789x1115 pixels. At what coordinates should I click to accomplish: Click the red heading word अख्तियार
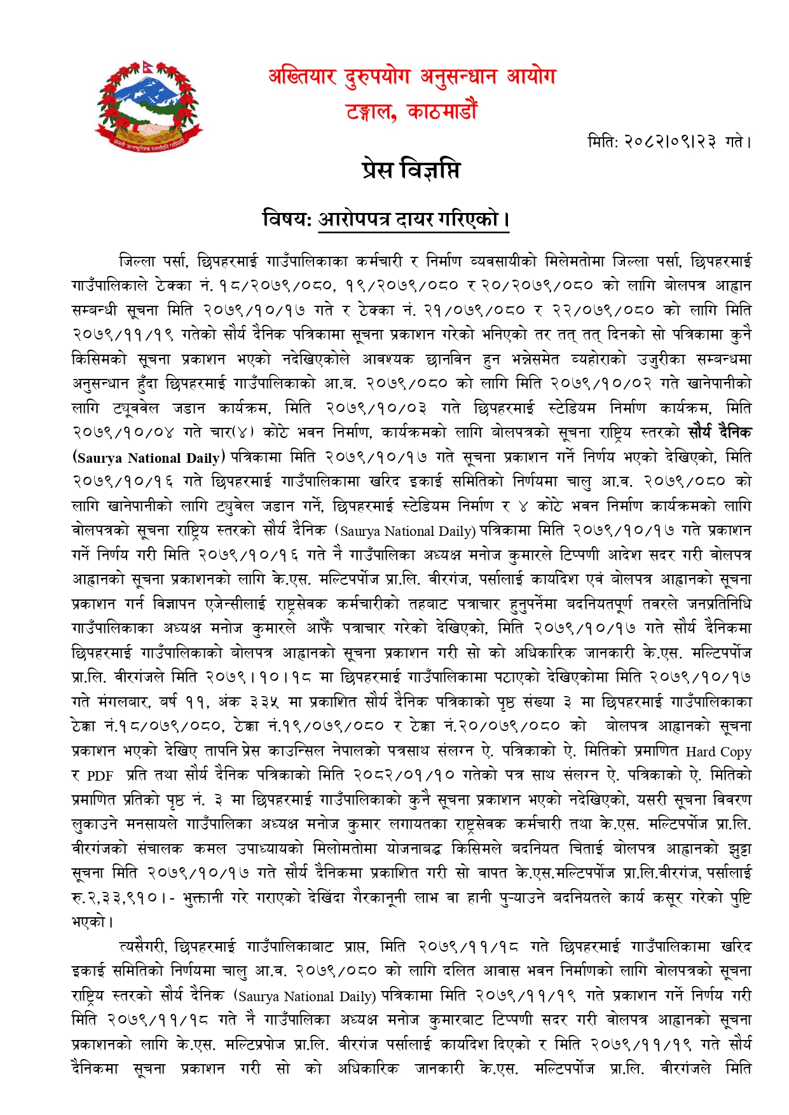(302, 77)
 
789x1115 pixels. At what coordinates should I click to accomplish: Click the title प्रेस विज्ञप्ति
(411, 170)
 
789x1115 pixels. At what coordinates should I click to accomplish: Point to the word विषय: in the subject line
(287, 219)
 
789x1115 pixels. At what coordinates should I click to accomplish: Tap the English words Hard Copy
(718, 751)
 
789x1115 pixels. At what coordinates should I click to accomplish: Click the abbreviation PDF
(100, 776)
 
